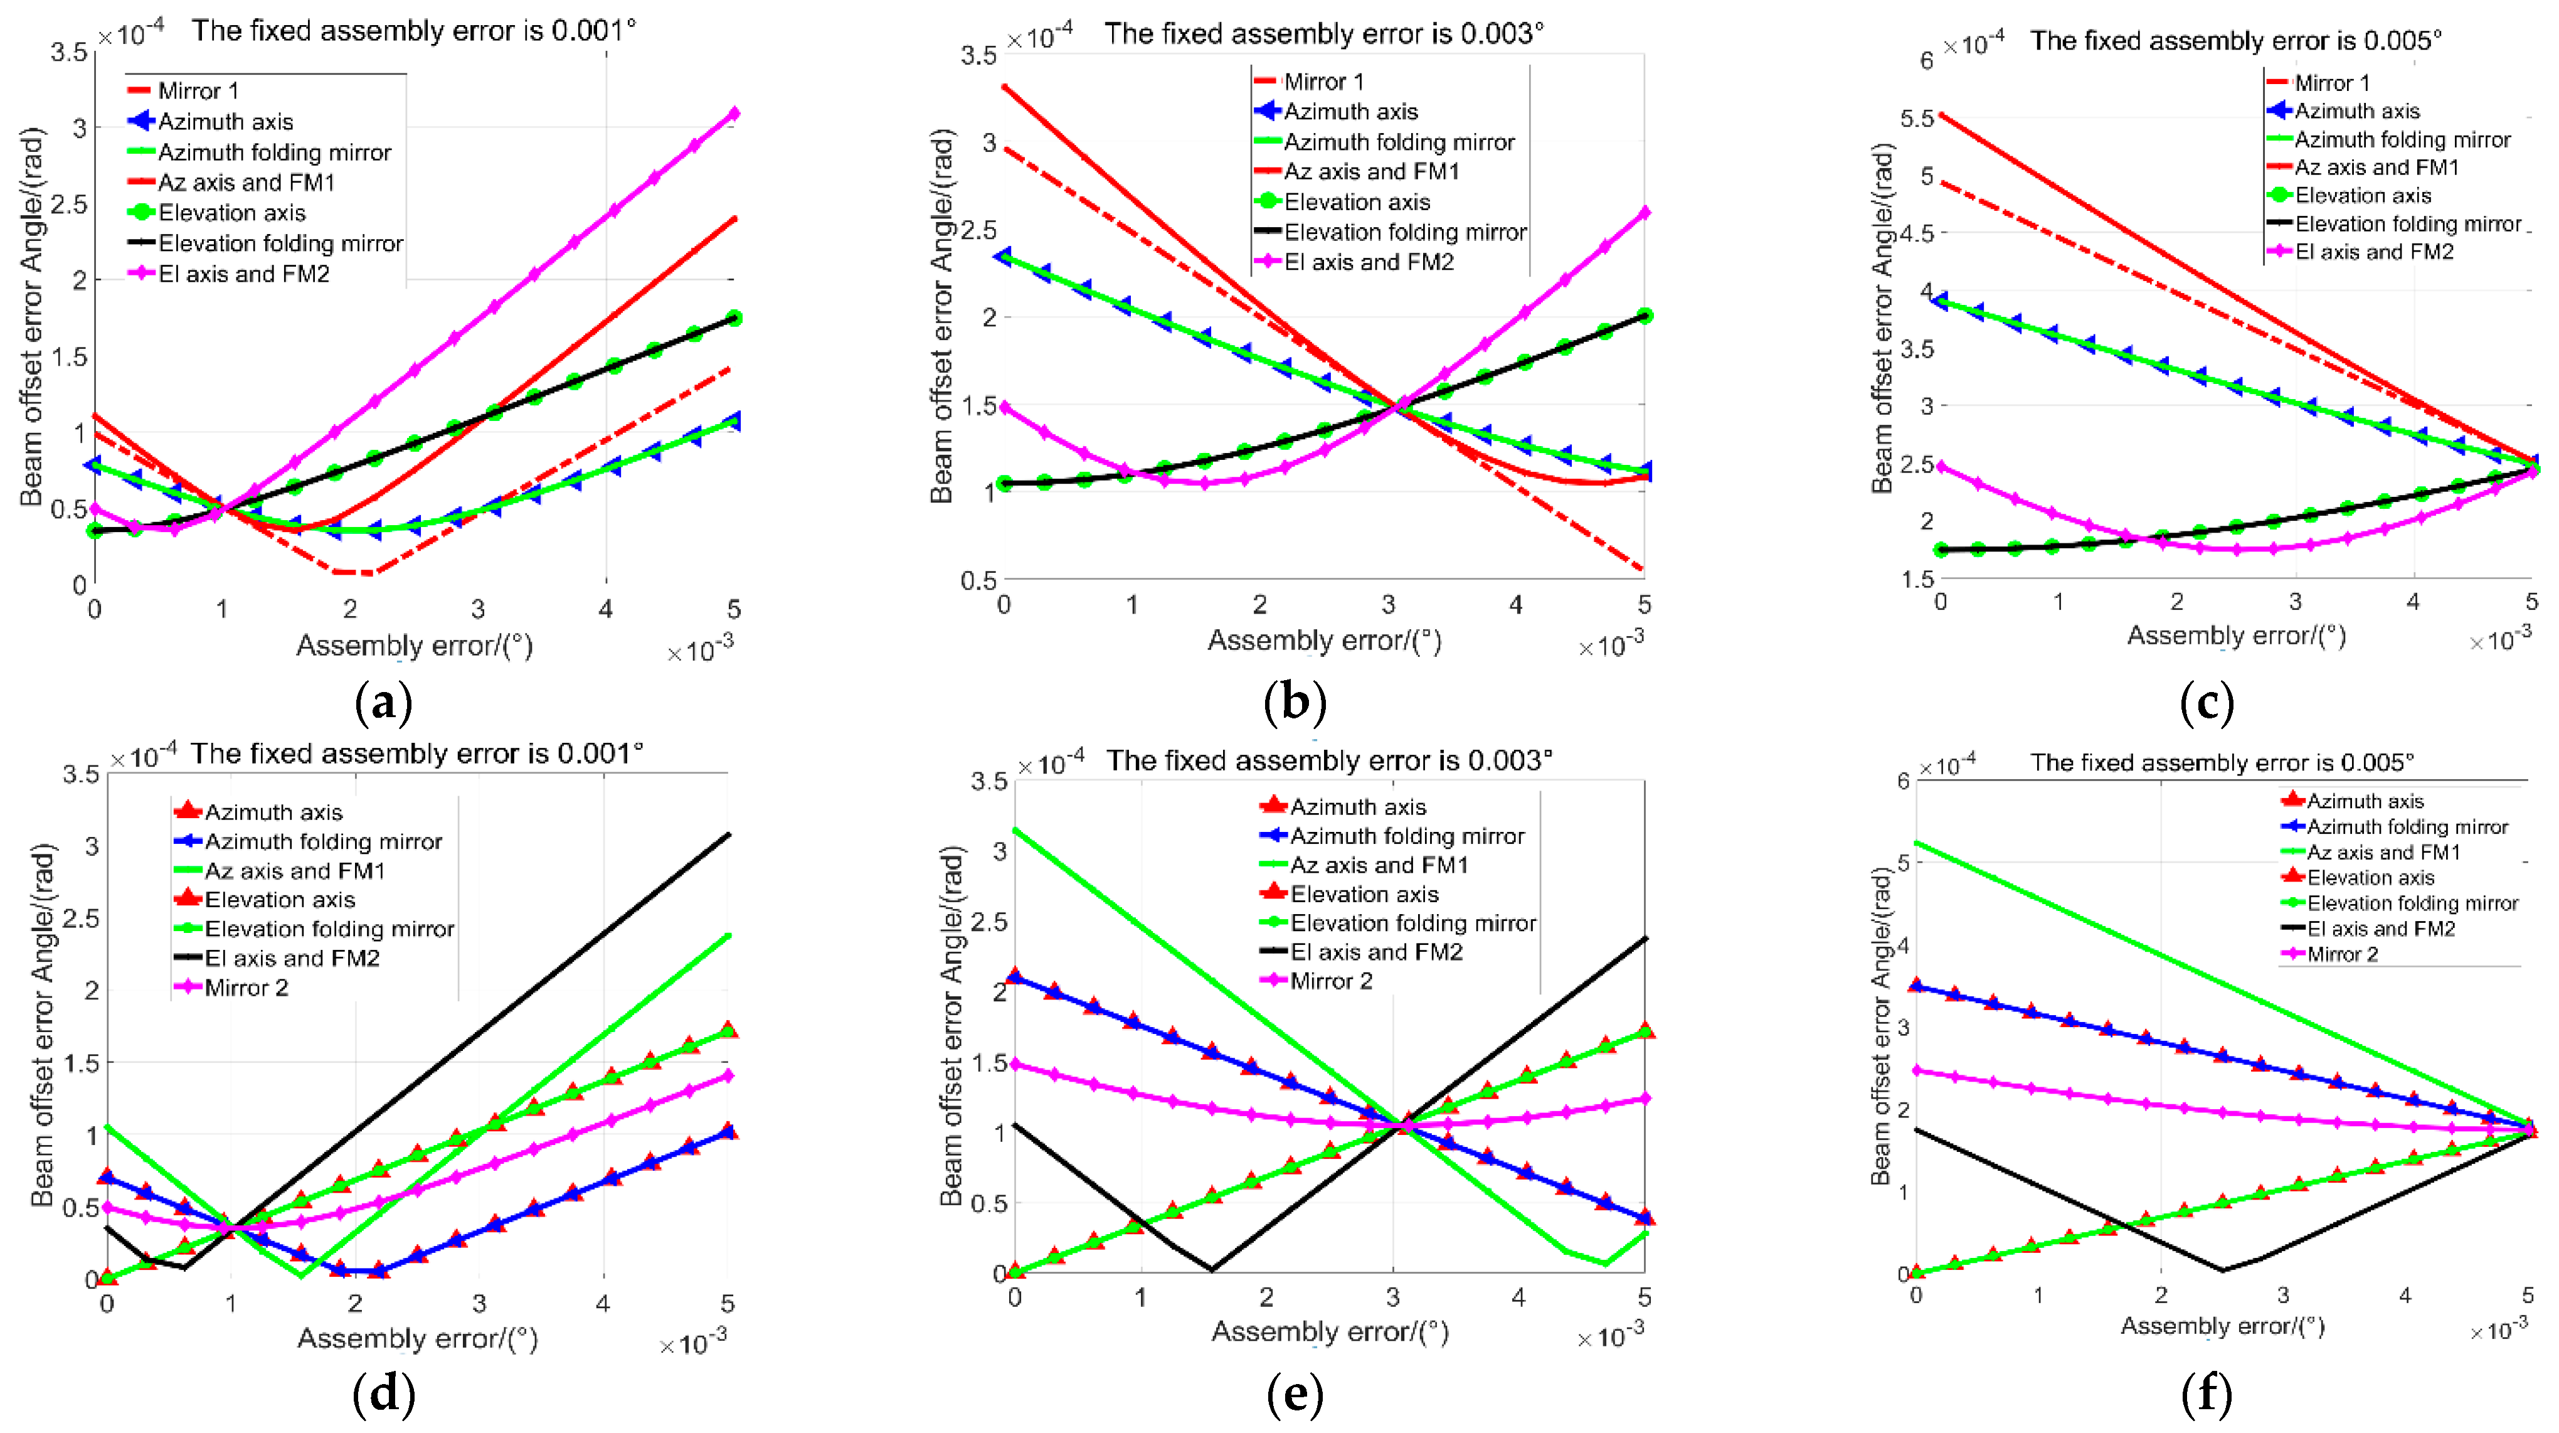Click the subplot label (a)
tap(383, 703)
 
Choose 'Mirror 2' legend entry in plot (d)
tap(246, 988)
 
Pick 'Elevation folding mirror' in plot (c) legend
tap(2407, 223)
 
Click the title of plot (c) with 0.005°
tap(2235, 41)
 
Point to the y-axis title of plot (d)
tap(43, 1023)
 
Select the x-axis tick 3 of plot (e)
tap(1393, 1297)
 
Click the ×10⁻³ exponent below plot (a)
tap(699, 650)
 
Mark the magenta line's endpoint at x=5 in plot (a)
tap(734, 114)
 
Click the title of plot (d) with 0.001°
tap(417, 754)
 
